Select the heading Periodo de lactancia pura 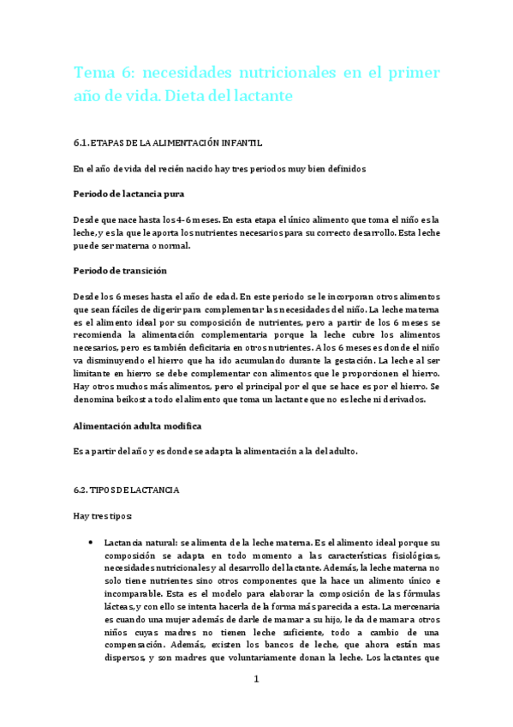tap(128, 194)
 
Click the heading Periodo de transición tap(120, 270)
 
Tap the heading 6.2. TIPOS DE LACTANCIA tap(125, 490)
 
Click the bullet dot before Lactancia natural tap(92, 544)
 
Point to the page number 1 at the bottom tap(255, 679)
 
